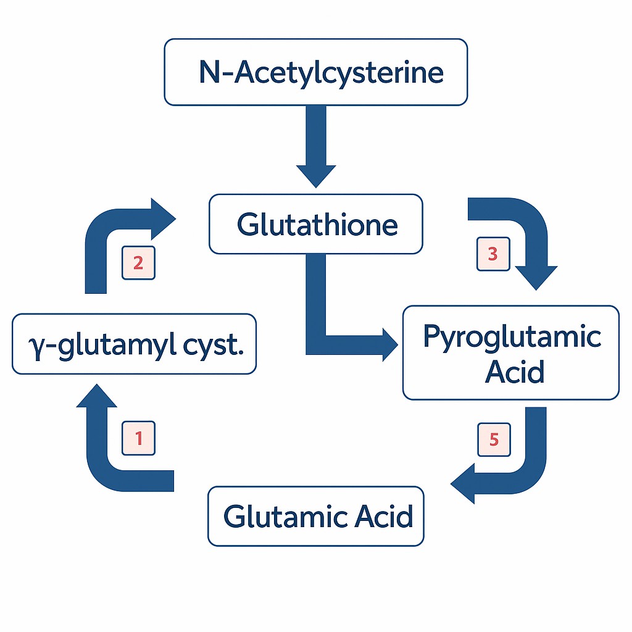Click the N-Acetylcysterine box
(x=315, y=72)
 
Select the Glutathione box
(x=315, y=224)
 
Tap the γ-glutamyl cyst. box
(x=134, y=344)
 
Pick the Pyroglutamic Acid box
(x=510, y=353)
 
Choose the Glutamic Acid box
(x=315, y=516)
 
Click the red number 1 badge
(x=139, y=438)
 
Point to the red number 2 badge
(x=138, y=263)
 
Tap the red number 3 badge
(x=493, y=254)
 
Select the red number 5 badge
(x=494, y=439)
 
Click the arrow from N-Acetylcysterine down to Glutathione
(x=316, y=148)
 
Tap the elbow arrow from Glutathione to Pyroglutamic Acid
(x=327, y=333)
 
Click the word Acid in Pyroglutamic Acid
(x=515, y=372)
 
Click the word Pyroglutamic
(x=512, y=336)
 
